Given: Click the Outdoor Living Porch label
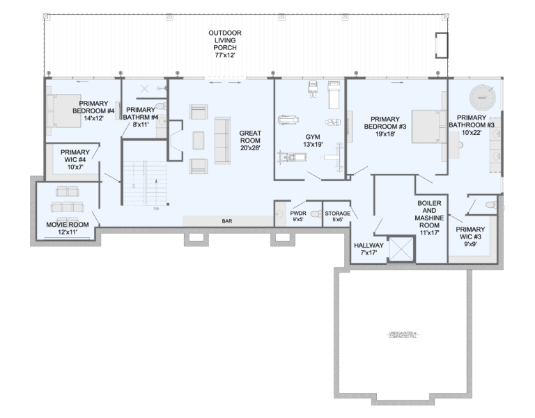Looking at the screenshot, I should click(x=225, y=43).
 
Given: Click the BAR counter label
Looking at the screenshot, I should click(x=226, y=220).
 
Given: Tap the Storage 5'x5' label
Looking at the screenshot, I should click(x=337, y=216).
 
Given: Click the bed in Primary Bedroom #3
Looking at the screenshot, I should click(x=426, y=126).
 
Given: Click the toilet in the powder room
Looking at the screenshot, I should click(x=314, y=214).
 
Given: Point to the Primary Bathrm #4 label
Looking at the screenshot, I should click(x=141, y=117).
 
